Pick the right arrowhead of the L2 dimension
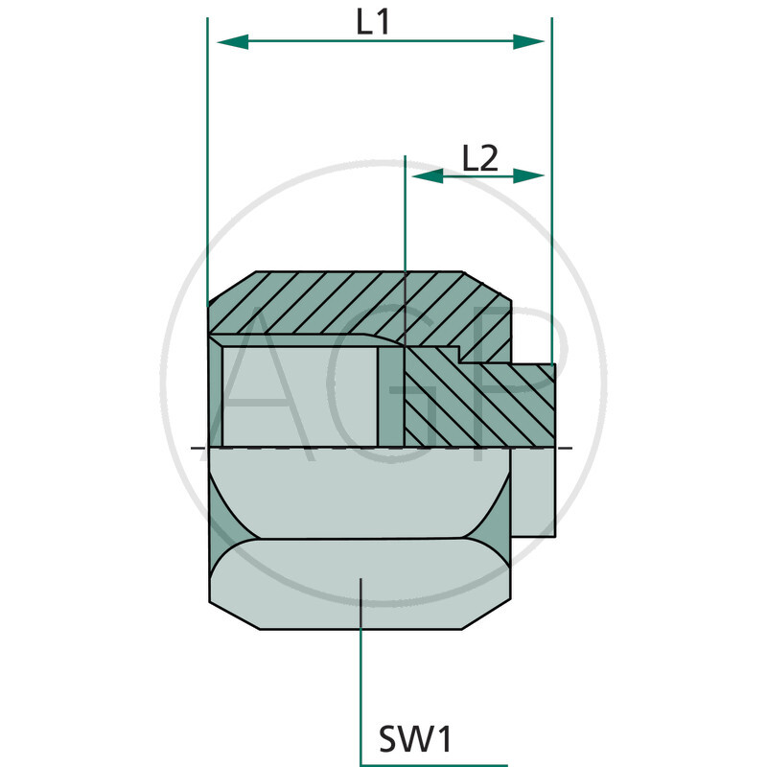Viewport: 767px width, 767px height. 529,175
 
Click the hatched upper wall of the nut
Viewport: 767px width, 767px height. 355,302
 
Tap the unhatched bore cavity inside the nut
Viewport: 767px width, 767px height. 297,393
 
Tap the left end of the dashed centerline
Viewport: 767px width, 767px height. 195,448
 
